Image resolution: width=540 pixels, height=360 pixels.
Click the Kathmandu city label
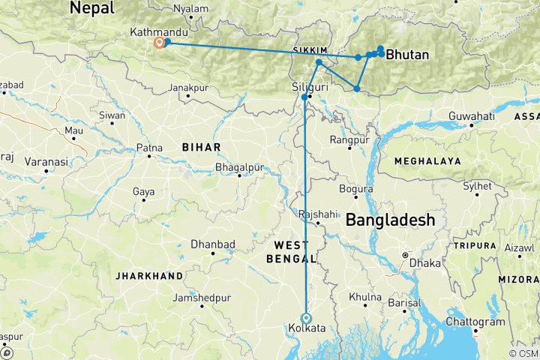pyautogui.click(x=158, y=32)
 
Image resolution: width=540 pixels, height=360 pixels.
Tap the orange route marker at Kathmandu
pyautogui.click(x=159, y=43)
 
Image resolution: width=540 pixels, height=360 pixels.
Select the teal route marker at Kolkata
pyautogui.click(x=305, y=317)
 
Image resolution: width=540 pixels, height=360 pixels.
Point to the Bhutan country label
pyautogui.click(x=407, y=55)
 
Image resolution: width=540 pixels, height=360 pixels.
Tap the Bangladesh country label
pyautogui.click(x=390, y=220)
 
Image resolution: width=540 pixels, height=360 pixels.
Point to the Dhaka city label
pyautogui.click(x=424, y=263)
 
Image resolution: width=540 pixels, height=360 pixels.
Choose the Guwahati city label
pyautogui.click(x=472, y=116)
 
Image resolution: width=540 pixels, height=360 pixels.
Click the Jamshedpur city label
pyautogui.click(x=201, y=298)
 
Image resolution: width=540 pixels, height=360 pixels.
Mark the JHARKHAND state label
pyautogui.click(x=148, y=276)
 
